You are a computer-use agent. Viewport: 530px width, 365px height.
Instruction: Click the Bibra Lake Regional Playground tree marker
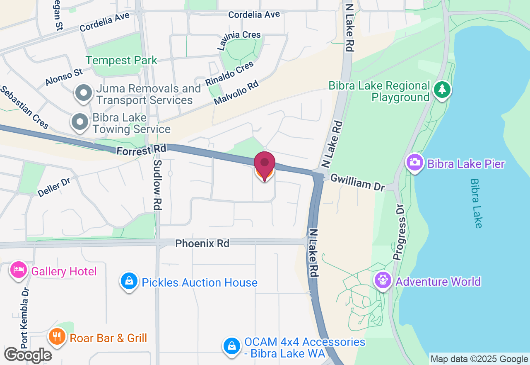coord(442,89)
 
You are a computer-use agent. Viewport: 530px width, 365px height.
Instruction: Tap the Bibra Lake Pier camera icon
coord(415,163)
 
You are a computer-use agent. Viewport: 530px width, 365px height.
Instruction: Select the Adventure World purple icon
coord(383,280)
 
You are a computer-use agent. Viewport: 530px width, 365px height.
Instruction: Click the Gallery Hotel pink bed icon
coord(19,270)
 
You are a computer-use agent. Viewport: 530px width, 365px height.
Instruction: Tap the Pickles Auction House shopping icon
coord(129,281)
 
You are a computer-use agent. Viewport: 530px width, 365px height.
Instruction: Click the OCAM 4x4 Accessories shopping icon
coord(232,346)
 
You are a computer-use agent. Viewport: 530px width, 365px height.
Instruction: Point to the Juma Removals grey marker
coord(84,93)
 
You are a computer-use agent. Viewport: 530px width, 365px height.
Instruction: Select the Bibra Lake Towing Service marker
coord(80,122)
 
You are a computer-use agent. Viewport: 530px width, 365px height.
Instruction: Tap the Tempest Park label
coord(121,60)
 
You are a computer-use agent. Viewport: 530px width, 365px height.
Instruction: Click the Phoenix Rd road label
coord(202,243)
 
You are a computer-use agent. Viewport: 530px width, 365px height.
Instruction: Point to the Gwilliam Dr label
coord(357,182)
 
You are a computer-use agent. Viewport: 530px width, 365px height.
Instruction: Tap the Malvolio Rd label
coord(236,92)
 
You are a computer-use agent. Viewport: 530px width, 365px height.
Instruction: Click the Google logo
coord(28,355)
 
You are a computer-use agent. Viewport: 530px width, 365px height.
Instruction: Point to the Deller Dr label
coord(54,187)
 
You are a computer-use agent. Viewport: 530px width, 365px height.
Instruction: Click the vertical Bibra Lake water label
coord(476,203)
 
